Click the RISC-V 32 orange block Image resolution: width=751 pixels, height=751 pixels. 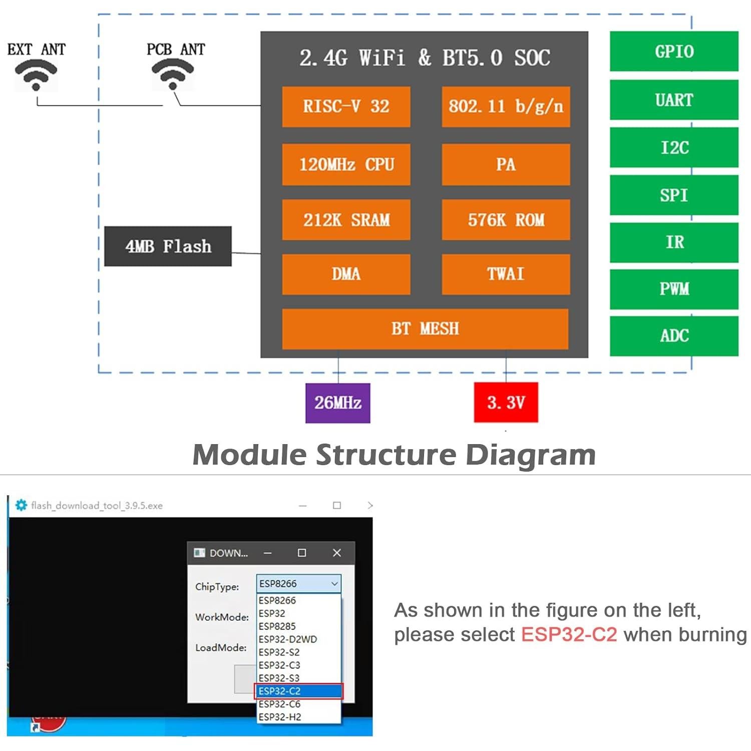[x=346, y=107]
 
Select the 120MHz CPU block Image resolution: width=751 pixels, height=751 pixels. [x=346, y=165]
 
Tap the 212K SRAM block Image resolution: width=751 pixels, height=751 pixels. [x=346, y=220]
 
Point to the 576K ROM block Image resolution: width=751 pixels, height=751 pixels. [x=506, y=220]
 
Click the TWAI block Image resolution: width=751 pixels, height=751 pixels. [x=506, y=274]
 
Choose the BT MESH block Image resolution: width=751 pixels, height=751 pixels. [x=425, y=329]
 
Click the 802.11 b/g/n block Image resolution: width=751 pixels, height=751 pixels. [x=506, y=107]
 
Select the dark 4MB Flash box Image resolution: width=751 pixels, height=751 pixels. [x=168, y=246]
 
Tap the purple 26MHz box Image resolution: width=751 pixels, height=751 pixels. [x=338, y=403]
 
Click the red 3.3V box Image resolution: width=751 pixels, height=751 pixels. [x=506, y=403]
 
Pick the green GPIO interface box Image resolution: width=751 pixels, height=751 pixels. [x=674, y=52]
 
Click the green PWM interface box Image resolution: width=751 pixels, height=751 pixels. [x=674, y=289]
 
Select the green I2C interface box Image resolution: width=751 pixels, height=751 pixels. [x=674, y=148]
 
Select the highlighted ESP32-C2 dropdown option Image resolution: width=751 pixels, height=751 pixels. [x=298, y=691]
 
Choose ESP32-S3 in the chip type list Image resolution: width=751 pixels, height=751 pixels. [x=279, y=678]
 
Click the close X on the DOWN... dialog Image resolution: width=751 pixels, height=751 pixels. [x=336, y=553]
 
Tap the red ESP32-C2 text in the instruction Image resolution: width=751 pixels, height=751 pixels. [x=569, y=635]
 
